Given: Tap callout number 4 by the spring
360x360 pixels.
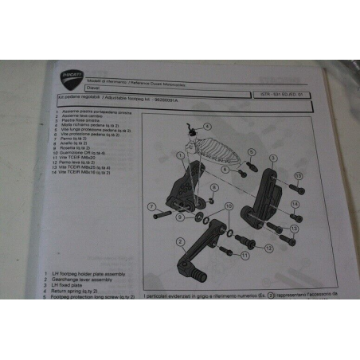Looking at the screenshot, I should click(x=207, y=126).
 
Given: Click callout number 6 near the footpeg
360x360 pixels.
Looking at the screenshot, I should click(x=225, y=170).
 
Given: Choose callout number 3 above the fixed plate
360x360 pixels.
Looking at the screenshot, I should click(x=272, y=160).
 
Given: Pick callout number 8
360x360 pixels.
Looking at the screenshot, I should click(x=214, y=188).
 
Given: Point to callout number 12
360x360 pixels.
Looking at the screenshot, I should click(x=293, y=229).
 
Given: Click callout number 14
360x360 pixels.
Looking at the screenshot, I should click(x=295, y=205).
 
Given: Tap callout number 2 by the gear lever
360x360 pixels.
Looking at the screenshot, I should click(x=182, y=241).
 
